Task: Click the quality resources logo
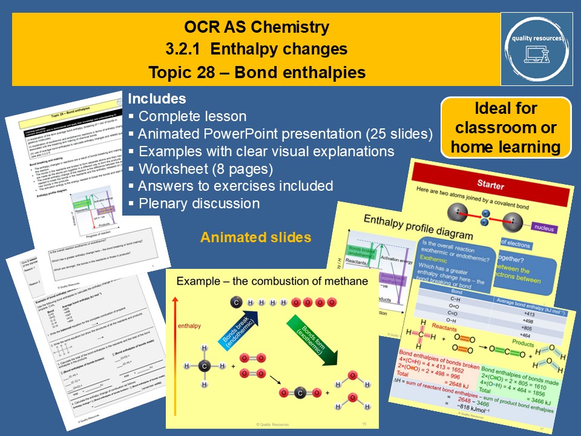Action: tap(536, 48)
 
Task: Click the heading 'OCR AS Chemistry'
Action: tap(257, 27)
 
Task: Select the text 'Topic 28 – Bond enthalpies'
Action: tap(257, 73)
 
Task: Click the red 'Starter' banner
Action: tap(490, 183)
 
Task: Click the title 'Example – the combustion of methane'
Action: tap(271, 281)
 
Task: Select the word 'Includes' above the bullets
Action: tap(157, 99)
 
